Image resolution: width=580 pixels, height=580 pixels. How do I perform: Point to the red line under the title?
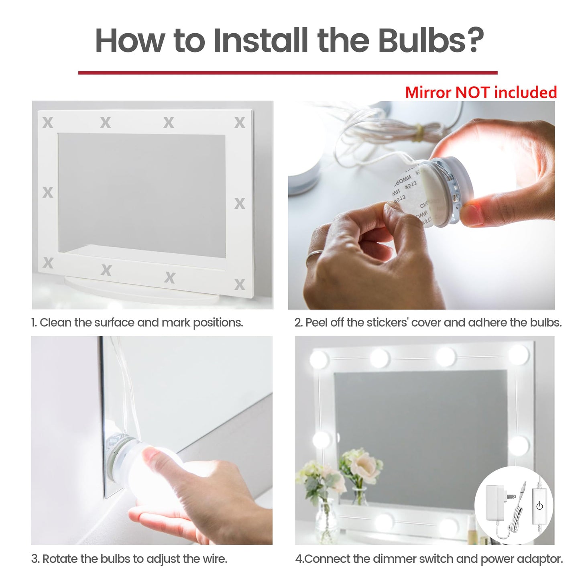287,73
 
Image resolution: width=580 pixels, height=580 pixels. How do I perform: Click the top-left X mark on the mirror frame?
48,122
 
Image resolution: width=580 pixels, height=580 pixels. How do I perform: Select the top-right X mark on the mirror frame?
240,122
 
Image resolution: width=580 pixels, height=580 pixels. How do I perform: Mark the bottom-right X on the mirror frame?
240,285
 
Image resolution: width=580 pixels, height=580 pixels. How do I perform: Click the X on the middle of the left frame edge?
48,193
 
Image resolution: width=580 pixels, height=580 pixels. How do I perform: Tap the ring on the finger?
314,257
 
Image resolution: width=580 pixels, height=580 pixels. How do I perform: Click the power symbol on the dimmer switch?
539,506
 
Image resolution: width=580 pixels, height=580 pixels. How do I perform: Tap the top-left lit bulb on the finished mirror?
319,358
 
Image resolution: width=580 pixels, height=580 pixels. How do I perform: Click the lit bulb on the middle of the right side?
519,445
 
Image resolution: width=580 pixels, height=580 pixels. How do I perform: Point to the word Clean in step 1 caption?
55,323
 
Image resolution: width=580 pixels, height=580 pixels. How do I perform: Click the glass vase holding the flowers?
326,522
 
